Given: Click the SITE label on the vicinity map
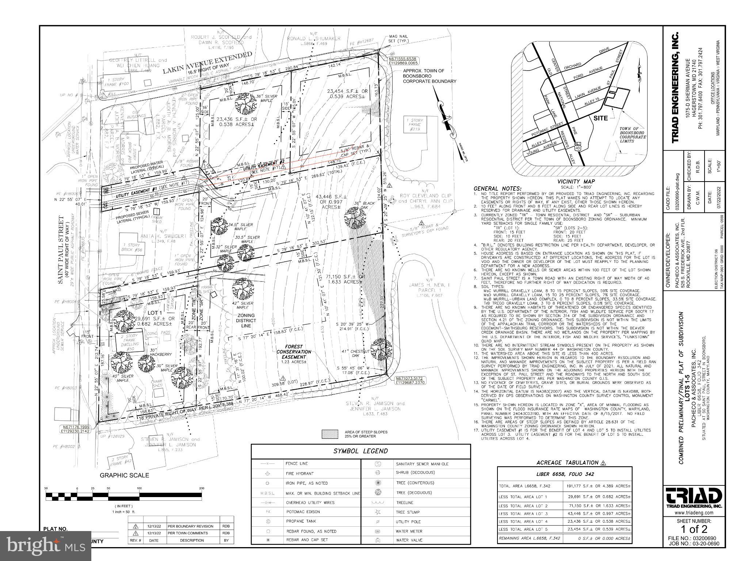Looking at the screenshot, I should tap(600, 118).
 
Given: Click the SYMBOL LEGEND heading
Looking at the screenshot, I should tap(360, 451).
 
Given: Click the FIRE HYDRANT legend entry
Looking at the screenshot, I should tap(299, 473).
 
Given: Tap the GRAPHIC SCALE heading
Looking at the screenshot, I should tap(124, 475).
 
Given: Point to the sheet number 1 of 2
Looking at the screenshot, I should tap(694, 529).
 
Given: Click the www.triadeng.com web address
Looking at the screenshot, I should tap(694, 513).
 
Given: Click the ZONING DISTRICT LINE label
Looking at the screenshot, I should tap(246, 320).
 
